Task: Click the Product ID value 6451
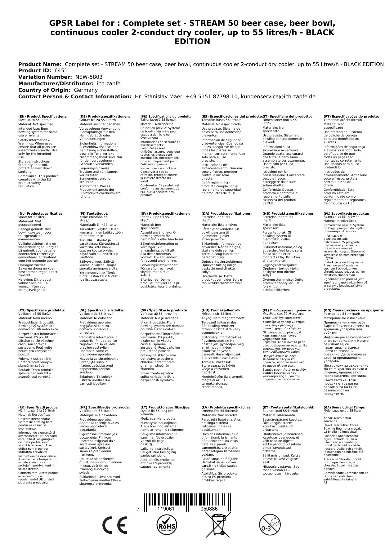(x=61, y=71)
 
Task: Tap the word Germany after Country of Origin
(x=86, y=90)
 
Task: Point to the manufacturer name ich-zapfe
(x=109, y=84)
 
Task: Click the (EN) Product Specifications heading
(x=43, y=117)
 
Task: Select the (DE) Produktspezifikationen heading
(x=105, y=117)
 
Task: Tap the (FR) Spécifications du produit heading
(x=165, y=117)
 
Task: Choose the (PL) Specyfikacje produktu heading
(x=346, y=214)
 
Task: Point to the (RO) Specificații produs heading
(x=38, y=408)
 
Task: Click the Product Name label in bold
(x=40, y=64)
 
